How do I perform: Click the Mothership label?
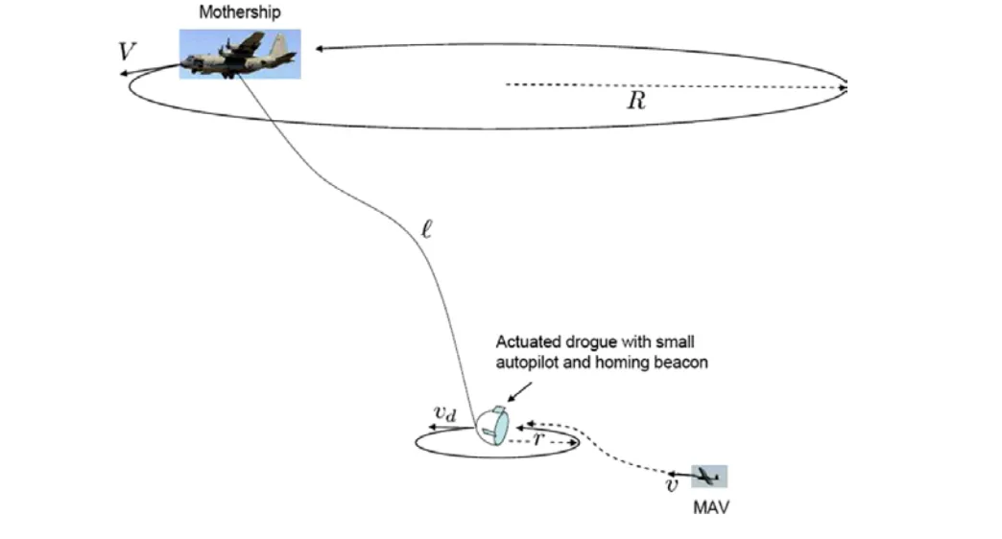click(x=240, y=12)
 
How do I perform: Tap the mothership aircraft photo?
click(x=240, y=55)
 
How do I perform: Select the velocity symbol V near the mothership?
click(x=127, y=51)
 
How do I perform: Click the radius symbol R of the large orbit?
click(x=636, y=101)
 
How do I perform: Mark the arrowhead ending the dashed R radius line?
click(x=843, y=87)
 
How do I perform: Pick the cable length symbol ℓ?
click(x=427, y=229)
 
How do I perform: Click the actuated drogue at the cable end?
click(x=492, y=426)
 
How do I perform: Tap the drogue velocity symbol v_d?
click(x=444, y=413)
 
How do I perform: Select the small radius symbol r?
click(x=538, y=438)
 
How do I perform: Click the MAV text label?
click(x=710, y=507)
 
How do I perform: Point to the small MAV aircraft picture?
click(x=709, y=477)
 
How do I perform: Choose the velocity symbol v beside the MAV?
click(x=672, y=486)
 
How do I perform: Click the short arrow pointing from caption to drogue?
click(x=519, y=392)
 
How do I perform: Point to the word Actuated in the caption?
click(x=529, y=342)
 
